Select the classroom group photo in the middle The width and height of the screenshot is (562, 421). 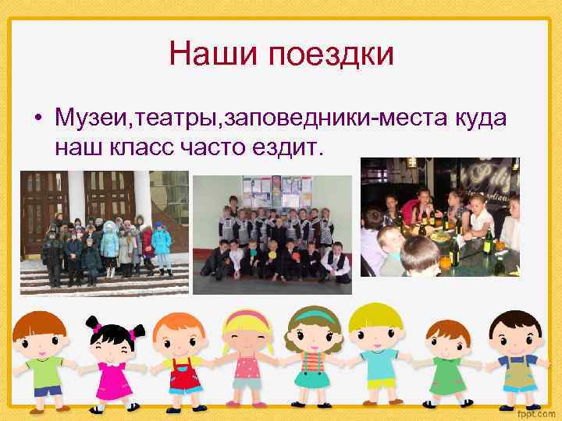click(x=272, y=235)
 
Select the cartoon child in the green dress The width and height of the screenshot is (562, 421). click(x=444, y=363)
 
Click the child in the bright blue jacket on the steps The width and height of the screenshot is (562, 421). click(x=162, y=241)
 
